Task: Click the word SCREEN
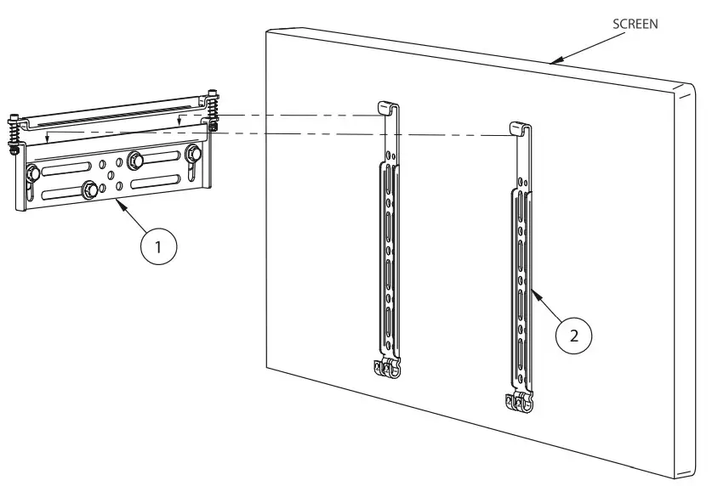pos(635,25)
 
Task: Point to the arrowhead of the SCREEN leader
pos(552,62)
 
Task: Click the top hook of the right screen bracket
pos(519,127)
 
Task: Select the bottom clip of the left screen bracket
pos(386,367)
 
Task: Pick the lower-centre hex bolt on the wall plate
pos(88,189)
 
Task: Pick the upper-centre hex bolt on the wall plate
pos(135,160)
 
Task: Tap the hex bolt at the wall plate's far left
pos(32,174)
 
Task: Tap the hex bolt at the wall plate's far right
pos(192,154)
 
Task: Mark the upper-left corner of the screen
pos(266,31)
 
